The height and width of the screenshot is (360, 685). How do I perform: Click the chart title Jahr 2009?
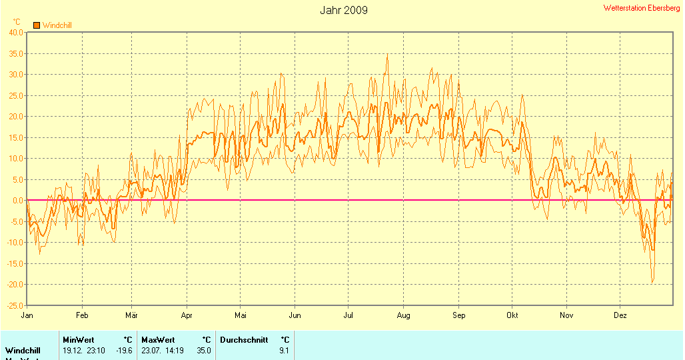[343, 10]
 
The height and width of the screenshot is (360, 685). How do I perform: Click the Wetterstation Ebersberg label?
[642, 8]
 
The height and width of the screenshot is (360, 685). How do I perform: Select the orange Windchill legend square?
[37, 25]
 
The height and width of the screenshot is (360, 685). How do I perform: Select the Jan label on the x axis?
[27, 315]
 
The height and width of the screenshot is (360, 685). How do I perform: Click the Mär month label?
[131, 315]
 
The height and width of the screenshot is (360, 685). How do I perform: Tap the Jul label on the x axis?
[348, 315]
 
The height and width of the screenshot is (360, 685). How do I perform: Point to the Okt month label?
[512, 315]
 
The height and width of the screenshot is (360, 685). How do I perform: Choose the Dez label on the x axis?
[620, 315]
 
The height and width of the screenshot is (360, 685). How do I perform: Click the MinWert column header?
[79, 340]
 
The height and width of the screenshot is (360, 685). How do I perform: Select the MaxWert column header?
[158, 340]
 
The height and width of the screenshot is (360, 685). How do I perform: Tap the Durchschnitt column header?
[244, 340]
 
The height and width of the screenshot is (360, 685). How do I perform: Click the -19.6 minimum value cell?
[124, 350]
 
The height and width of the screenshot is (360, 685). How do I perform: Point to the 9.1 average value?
[284, 350]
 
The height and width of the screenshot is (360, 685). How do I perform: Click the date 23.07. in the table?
[151, 350]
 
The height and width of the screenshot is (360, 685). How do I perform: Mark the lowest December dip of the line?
[652, 283]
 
